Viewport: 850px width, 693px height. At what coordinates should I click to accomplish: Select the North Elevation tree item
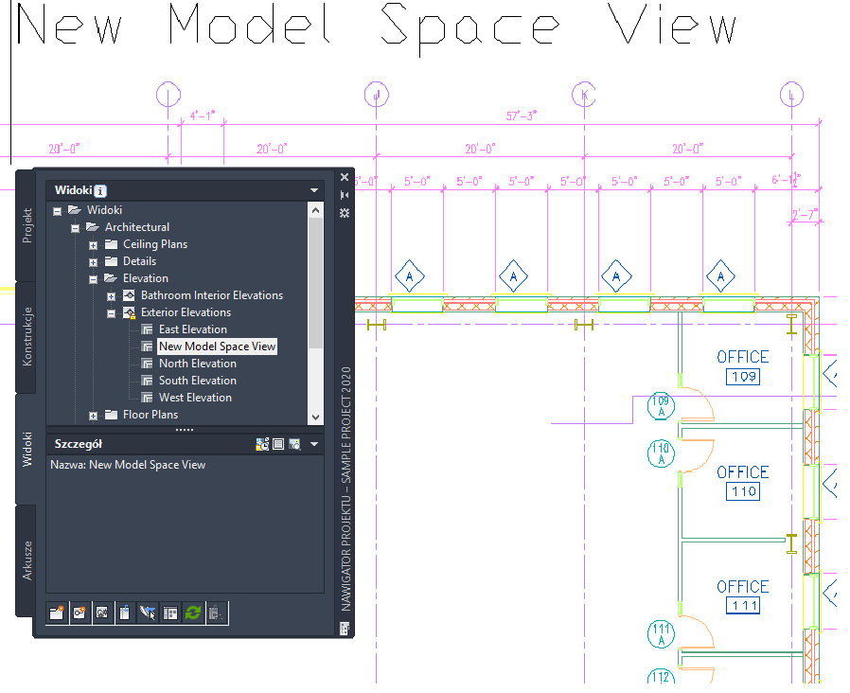click(x=197, y=364)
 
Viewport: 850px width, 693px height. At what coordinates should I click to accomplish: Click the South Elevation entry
click(x=197, y=381)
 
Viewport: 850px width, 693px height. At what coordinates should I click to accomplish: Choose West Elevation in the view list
click(x=195, y=398)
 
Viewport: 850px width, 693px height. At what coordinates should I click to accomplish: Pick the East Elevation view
click(x=192, y=329)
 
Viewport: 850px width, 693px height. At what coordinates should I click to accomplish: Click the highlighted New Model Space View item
click(x=217, y=346)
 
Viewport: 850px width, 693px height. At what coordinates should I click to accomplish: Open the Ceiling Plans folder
click(x=154, y=244)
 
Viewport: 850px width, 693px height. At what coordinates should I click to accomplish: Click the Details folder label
click(x=139, y=261)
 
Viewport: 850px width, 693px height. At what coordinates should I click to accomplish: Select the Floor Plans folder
click(x=150, y=415)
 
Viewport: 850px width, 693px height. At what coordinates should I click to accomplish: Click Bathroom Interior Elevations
click(x=211, y=295)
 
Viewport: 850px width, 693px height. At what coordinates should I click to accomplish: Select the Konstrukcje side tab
click(x=27, y=336)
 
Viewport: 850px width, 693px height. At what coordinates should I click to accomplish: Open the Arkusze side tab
click(x=27, y=560)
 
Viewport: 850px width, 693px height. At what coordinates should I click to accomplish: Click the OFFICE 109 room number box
click(x=743, y=378)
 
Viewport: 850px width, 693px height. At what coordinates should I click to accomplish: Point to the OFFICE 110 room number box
click(x=743, y=492)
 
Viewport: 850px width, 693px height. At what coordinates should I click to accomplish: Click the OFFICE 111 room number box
click(x=743, y=607)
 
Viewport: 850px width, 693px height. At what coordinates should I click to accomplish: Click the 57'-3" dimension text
click(x=522, y=115)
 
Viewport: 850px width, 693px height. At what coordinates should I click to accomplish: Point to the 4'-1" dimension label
click(x=203, y=115)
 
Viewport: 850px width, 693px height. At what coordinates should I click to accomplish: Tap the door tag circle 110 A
click(x=661, y=453)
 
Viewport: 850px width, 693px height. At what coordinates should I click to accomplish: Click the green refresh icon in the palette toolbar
click(x=193, y=613)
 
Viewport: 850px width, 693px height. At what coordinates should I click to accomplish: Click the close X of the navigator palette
click(x=345, y=177)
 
